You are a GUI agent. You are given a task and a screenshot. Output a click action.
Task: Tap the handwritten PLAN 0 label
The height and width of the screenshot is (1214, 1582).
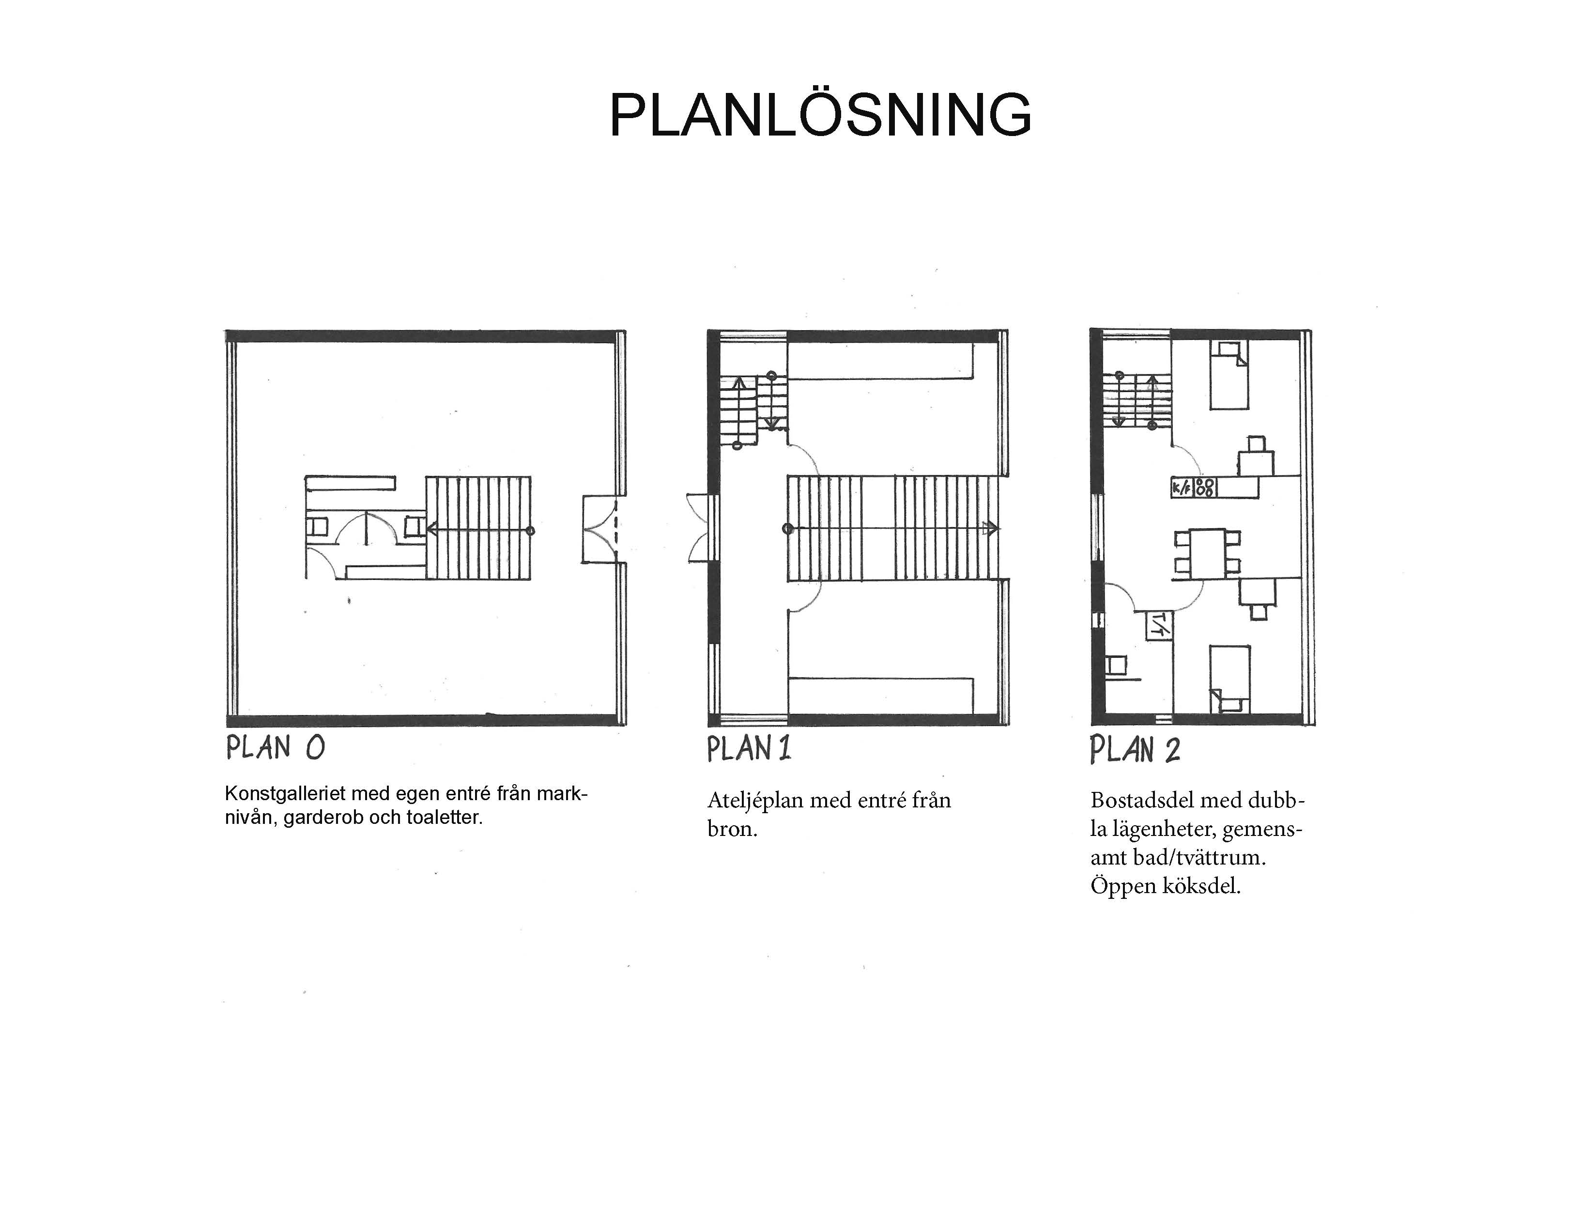[x=276, y=747]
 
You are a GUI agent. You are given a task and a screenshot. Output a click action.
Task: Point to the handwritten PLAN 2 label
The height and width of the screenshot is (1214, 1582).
[x=1135, y=749]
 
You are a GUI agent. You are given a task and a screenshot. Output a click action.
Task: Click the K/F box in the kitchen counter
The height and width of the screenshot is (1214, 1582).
[x=1183, y=488]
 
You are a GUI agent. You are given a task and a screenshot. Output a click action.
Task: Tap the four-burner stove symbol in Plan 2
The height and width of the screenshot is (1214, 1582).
[x=1205, y=488]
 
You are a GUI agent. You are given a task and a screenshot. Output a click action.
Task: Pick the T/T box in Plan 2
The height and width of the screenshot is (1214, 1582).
[x=1158, y=624]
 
